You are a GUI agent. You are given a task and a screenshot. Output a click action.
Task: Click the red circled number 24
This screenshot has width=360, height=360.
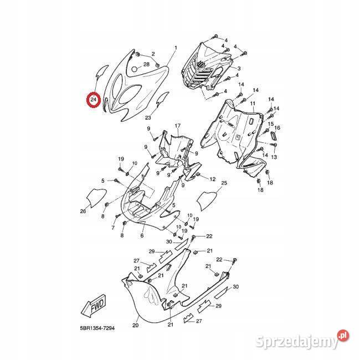pyautogui.click(x=94, y=100)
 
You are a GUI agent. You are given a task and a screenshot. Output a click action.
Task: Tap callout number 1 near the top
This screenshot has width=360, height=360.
pyautogui.click(x=176, y=49)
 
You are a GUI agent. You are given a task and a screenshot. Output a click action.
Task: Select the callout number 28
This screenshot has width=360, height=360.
pyautogui.click(x=147, y=65)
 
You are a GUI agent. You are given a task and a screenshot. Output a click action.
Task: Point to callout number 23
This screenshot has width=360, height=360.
pyautogui.click(x=148, y=117)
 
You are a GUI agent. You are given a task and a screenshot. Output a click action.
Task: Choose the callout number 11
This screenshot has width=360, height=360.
pyautogui.click(x=252, y=104)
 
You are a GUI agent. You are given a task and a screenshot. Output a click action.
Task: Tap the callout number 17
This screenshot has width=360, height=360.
pyautogui.click(x=178, y=126)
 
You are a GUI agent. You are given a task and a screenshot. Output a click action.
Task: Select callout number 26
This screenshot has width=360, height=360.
pyautogui.click(x=83, y=211)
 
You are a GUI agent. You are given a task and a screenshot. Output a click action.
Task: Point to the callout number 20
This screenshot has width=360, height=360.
pyautogui.click(x=136, y=326)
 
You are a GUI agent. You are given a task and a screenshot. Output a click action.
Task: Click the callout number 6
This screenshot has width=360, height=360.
pyautogui.click(x=142, y=235)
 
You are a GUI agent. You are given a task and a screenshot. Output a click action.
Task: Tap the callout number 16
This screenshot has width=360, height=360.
pyautogui.click(x=278, y=128)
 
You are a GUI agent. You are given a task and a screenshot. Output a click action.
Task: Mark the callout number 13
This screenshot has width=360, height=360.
pyautogui.click(x=274, y=157)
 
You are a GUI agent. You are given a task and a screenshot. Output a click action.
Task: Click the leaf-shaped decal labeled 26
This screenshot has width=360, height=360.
pyautogui.click(x=96, y=196)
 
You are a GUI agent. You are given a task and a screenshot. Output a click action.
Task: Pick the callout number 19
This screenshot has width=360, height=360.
pyautogui.click(x=121, y=160)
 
